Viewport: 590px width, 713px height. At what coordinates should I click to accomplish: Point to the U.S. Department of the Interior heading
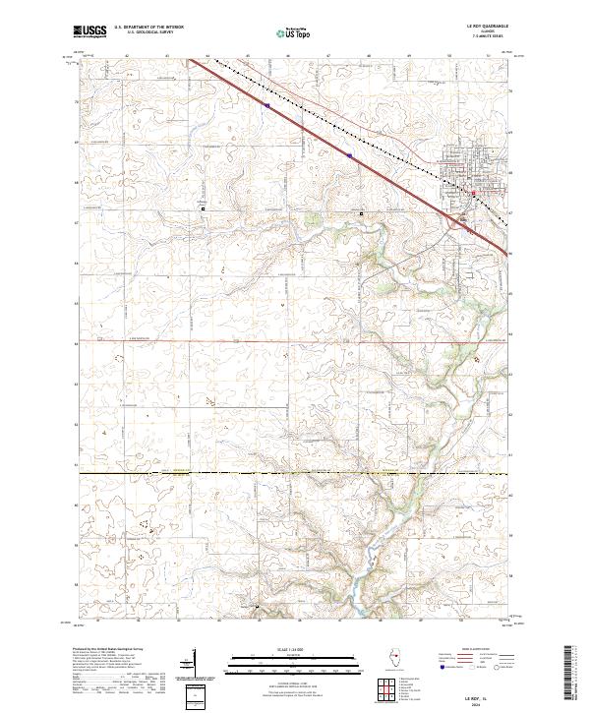coord(147,29)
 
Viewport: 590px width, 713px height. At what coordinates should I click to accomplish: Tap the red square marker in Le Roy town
coord(472,194)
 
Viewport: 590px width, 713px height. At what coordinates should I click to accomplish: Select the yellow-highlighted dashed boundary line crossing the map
coord(295,474)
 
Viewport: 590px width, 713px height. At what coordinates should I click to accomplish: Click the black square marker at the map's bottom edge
coord(258,607)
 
